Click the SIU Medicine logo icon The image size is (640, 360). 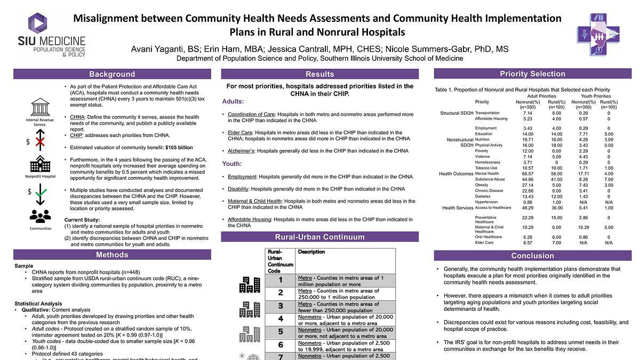38,24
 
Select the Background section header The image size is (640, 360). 112,74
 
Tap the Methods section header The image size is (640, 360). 112,255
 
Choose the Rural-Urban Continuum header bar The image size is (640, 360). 320,237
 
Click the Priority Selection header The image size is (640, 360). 532,74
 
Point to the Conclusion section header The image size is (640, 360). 532,255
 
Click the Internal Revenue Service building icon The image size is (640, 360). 39,106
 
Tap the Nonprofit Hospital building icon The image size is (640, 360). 39,164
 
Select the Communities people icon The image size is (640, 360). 39,216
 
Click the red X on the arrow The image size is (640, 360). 39,141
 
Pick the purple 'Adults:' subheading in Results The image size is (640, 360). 233,101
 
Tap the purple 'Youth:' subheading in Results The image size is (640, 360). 232,164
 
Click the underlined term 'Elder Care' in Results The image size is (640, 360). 239,132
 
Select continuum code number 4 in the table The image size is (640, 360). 280,319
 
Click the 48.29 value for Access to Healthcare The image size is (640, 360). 527,207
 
